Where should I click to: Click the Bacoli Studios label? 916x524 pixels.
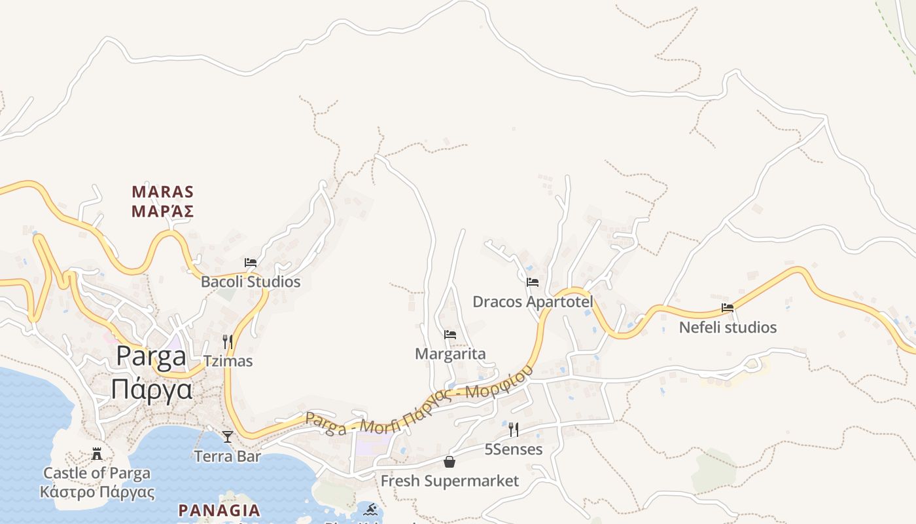[x=251, y=282]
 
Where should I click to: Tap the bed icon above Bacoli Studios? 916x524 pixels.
[x=251, y=263]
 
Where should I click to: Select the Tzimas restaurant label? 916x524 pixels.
[x=228, y=362]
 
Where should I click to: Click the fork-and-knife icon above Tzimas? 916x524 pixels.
[x=228, y=341]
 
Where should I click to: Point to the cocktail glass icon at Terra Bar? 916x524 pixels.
[x=228, y=436]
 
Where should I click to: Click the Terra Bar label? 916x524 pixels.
[x=228, y=457]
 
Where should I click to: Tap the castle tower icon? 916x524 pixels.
[x=97, y=453]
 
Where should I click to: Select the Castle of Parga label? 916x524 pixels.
[x=97, y=473]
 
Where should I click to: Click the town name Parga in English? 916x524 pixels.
[x=151, y=357]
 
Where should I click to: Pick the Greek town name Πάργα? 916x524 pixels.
[x=151, y=389]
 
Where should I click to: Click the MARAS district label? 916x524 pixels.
[x=163, y=192]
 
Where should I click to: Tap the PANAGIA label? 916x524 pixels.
[x=219, y=510]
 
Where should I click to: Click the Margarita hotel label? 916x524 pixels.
[x=450, y=354]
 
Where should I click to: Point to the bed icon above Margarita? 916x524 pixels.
[x=450, y=335]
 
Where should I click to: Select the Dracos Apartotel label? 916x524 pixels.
[x=533, y=302]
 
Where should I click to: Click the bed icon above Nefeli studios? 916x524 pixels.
[x=728, y=307]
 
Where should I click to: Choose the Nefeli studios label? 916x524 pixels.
[x=728, y=327]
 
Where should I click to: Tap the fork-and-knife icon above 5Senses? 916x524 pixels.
[x=514, y=430]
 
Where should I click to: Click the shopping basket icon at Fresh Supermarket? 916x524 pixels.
[x=449, y=462]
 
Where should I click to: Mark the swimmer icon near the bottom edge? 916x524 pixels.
[x=371, y=509]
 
